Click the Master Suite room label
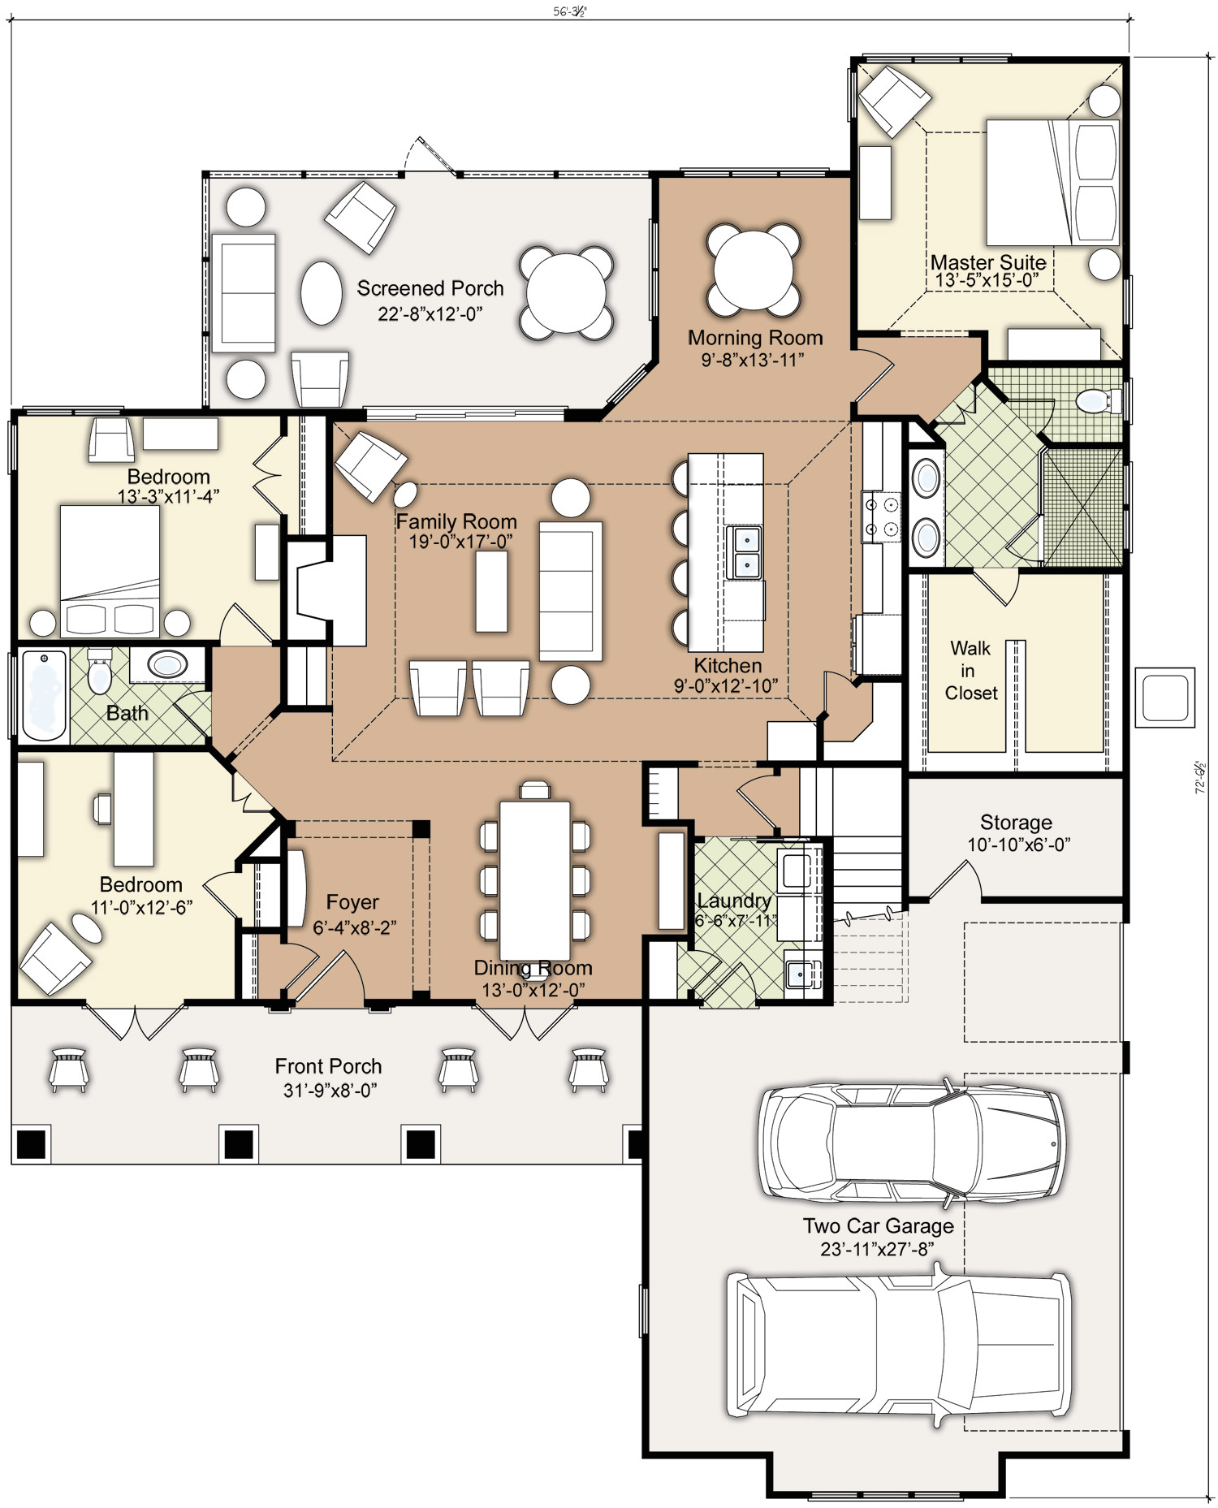[x=987, y=262]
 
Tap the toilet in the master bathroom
[x=1097, y=400]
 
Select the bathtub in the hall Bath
[x=44, y=695]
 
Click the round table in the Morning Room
[x=754, y=271]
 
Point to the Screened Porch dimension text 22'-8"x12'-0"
[x=430, y=313]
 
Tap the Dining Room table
[x=534, y=880]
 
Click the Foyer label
[x=352, y=901]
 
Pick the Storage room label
[x=1016, y=822]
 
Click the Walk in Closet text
[x=970, y=671]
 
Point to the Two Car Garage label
[x=879, y=1225]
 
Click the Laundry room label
[x=734, y=901]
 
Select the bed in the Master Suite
[x=1052, y=182]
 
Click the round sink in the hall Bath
[x=167, y=665]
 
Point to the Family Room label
[x=456, y=521]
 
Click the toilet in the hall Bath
[x=99, y=670]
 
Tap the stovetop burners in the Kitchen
[x=882, y=516]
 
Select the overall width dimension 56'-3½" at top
[x=569, y=11]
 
